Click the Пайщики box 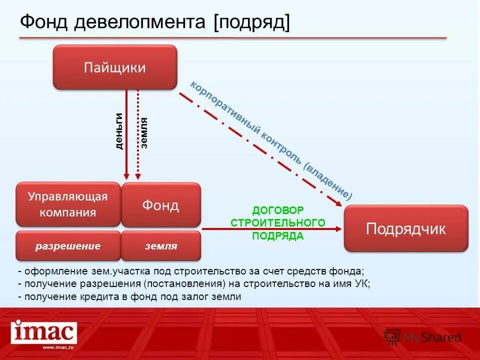115,67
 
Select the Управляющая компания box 68,204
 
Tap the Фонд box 160,204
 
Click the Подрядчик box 405,228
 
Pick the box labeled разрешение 68,246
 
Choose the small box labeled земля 160,246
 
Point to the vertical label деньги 119,131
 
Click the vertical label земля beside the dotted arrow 144,133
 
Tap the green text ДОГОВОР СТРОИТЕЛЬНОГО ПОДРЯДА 277,223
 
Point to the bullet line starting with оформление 190,271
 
